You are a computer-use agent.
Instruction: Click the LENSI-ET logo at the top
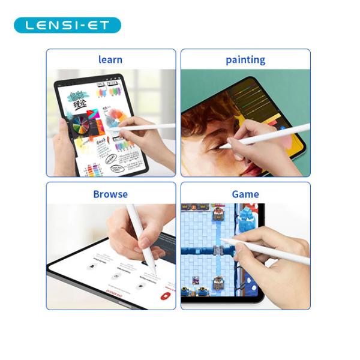67,25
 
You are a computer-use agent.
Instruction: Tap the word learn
110,59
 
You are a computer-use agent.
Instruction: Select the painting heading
245,59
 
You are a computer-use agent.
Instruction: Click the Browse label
110,194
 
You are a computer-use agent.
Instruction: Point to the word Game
245,194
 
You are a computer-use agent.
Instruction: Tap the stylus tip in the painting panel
220,146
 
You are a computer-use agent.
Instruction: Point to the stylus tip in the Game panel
221,240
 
